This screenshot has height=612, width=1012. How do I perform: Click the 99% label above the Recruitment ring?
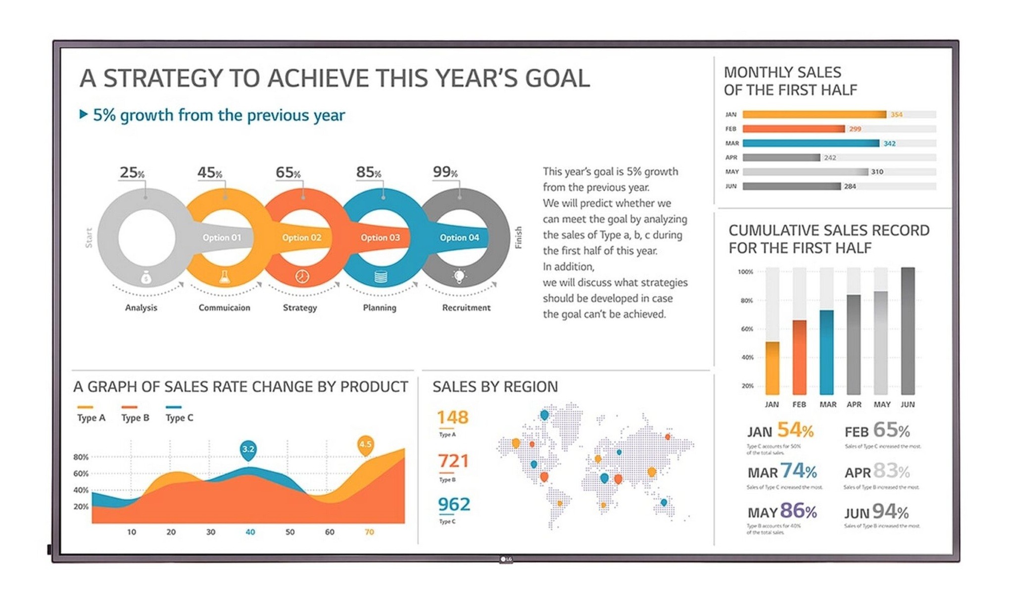click(x=444, y=172)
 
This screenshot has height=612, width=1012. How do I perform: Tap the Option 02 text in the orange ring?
click(x=301, y=237)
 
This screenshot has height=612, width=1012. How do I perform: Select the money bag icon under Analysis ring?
click(x=145, y=278)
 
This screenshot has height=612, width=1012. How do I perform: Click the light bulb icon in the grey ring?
click(x=459, y=276)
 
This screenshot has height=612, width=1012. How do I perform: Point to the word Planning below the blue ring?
click(x=380, y=308)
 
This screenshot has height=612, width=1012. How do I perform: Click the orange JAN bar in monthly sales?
click(x=814, y=114)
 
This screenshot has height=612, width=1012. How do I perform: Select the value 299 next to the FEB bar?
click(x=855, y=129)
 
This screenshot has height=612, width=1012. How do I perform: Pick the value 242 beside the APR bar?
click(x=830, y=157)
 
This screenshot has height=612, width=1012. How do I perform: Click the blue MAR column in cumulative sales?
click(x=826, y=351)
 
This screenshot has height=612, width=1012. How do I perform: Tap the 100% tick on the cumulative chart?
click(x=745, y=272)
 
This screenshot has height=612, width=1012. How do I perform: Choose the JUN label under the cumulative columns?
click(x=908, y=404)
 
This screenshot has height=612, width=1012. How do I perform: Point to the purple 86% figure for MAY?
click(x=798, y=511)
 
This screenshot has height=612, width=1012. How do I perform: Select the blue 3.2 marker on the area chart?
click(x=248, y=449)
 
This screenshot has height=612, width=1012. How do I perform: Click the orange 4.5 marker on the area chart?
click(x=365, y=444)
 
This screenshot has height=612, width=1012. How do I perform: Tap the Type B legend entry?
click(x=135, y=418)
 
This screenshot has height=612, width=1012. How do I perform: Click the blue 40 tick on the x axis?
click(x=250, y=532)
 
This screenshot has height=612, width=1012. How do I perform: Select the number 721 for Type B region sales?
click(x=453, y=461)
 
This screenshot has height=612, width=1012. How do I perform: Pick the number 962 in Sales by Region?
click(x=454, y=504)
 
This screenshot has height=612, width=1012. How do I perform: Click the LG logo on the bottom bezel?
click(x=506, y=559)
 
